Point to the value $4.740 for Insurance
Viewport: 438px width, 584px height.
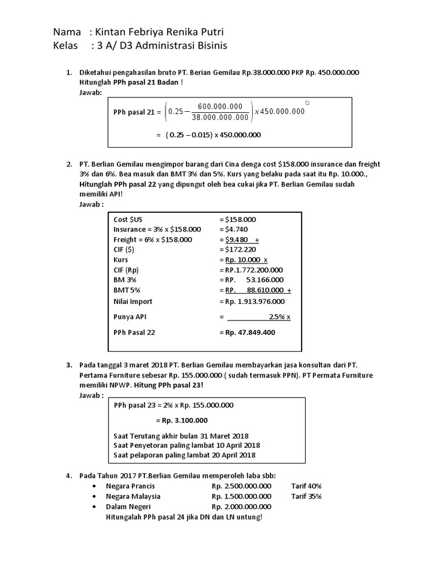237,229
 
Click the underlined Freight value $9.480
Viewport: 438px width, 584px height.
238,239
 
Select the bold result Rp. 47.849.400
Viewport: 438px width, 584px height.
247,332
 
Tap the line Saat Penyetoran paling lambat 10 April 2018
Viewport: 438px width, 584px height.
186,445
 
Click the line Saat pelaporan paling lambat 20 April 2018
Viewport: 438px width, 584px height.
185,455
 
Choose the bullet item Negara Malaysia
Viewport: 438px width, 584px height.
133,496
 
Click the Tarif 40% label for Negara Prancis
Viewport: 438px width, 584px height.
306,486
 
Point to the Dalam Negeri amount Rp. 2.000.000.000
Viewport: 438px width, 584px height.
241,506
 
